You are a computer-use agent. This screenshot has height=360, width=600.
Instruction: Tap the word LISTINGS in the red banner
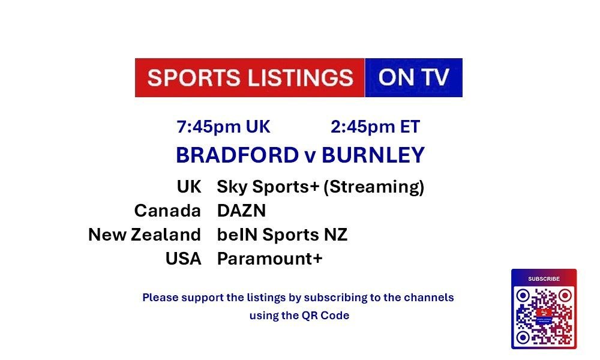pyautogui.click(x=301, y=77)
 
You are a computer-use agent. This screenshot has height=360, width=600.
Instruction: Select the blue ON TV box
pyautogui.click(x=413, y=77)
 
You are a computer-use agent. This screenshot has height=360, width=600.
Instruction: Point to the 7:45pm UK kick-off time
pyautogui.click(x=223, y=127)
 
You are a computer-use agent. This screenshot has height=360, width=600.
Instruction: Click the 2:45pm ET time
pyautogui.click(x=376, y=127)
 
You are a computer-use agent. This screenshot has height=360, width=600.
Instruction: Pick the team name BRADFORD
pyautogui.click(x=237, y=155)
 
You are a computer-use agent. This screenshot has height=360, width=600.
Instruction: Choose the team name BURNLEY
pyautogui.click(x=373, y=155)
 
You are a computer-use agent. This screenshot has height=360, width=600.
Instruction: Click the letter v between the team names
pyautogui.click(x=310, y=157)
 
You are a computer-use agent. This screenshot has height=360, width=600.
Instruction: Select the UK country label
pyautogui.click(x=189, y=187)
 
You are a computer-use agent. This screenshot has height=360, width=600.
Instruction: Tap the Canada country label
pyautogui.click(x=167, y=211)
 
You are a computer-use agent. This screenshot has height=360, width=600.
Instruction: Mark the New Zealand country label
pyautogui.click(x=145, y=235)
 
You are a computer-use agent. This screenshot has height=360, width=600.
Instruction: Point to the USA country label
pyautogui.click(x=183, y=259)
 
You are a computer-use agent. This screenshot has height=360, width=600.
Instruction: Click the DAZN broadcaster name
pyautogui.click(x=241, y=211)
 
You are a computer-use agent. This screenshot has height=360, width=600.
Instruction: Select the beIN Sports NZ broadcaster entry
pyautogui.click(x=283, y=235)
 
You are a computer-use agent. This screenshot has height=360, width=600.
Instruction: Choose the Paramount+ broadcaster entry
pyautogui.click(x=270, y=259)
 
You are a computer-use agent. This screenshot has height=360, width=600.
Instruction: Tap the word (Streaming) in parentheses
pyautogui.click(x=374, y=187)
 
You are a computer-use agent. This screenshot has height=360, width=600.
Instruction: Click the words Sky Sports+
pyautogui.click(x=268, y=187)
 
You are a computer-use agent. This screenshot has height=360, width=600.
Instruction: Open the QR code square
pyautogui.click(x=544, y=316)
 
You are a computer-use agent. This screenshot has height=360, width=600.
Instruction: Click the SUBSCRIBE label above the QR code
pyautogui.click(x=544, y=279)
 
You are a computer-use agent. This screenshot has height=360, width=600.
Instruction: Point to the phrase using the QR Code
pyautogui.click(x=299, y=316)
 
